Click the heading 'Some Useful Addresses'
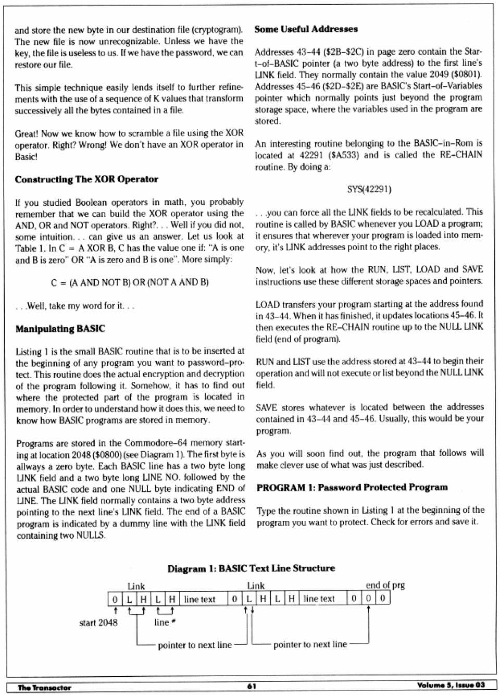[306, 29]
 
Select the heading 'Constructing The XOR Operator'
[86, 179]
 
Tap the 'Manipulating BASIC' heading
[60, 329]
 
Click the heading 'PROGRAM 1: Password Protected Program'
[352, 488]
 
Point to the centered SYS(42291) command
[369, 189]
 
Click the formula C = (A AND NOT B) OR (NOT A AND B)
[130, 282]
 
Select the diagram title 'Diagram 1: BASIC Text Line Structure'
[251, 568]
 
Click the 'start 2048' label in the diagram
[98, 623]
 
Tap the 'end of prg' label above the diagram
[385, 585]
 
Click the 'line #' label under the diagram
[165, 623]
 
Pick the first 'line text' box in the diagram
[199, 599]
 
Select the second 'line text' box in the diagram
[319, 599]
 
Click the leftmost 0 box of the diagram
[115, 599]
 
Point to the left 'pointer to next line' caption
[194, 645]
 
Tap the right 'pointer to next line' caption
[310, 644]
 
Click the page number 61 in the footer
[252, 686]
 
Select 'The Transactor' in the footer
[44, 687]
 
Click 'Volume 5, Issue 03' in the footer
[451, 685]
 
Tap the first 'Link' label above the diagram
[136, 586]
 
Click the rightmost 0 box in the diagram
[383, 598]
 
